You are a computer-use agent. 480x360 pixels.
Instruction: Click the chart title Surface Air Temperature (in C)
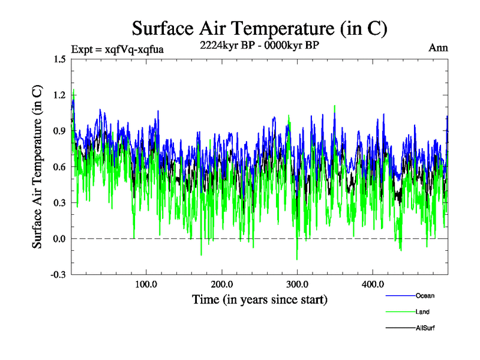tap(259, 29)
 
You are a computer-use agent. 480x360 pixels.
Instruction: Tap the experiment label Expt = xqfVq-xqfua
tap(117, 49)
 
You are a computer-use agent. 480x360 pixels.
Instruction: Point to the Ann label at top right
tap(438, 48)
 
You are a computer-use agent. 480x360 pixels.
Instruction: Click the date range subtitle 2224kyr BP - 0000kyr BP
tap(259, 46)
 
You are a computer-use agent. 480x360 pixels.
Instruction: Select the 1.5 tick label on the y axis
tap(59, 59)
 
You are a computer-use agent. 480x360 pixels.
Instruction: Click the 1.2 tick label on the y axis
tap(59, 95)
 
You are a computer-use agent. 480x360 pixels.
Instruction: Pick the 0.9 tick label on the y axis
tap(59, 131)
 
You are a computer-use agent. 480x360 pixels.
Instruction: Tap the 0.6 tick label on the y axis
tap(59, 167)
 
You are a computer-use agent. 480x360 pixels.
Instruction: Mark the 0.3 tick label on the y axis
tap(59, 203)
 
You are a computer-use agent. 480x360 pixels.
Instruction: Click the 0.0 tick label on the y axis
tap(59, 239)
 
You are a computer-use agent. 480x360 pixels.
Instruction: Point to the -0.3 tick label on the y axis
tap(58, 275)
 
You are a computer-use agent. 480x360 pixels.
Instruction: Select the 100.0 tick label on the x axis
tap(146, 284)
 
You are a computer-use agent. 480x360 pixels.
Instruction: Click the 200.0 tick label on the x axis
tap(222, 284)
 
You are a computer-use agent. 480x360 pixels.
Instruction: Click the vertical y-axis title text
tap(37, 167)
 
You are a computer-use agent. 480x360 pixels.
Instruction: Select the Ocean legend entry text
tap(425, 295)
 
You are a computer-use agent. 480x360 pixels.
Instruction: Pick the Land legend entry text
tap(422, 312)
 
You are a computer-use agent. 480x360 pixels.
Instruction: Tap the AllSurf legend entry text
tap(425, 328)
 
